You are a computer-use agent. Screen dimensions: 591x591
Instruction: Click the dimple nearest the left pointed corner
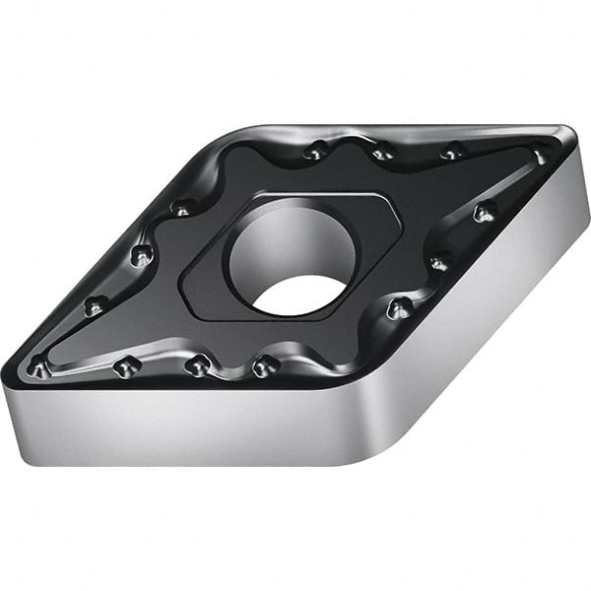pyautogui.click(x=38, y=368)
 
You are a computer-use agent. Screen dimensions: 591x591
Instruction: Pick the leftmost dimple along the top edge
pyautogui.click(x=316, y=152)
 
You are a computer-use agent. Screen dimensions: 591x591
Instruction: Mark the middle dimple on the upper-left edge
pyautogui.click(x=141, y=255)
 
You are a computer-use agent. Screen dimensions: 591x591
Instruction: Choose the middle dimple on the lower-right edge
pyautogui.click(x=439, y=262)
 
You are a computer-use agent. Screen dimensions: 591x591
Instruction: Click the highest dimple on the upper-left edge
pyautogui.click(x=182, y=208)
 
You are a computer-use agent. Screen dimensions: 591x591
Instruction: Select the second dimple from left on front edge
pyautogui.click(x=125, y=367)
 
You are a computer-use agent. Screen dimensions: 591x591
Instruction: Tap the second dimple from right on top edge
pyautogui.click(x=452, y=152)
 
